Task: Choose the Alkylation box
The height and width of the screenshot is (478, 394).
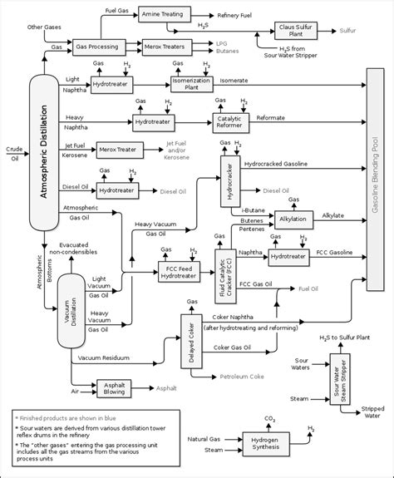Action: coord(292,219)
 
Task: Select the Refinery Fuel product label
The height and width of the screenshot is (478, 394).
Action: coord(239,15)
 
